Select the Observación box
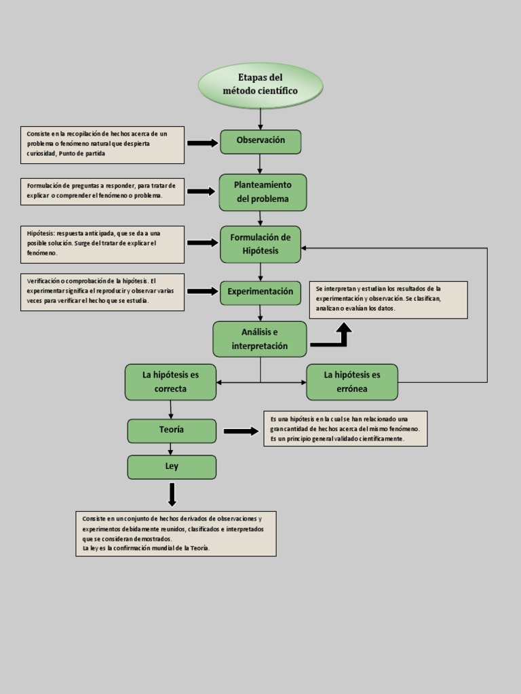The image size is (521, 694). coord(260,141)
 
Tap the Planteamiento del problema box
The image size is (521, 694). coord(263,192)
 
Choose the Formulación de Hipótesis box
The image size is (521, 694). coord(260,244)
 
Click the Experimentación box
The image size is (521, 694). coord(260,292)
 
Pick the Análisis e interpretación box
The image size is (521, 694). coord(260,339)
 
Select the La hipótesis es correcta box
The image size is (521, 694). coord(170,382)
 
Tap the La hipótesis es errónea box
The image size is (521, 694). coord(352,382)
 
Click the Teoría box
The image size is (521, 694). coord(172,430)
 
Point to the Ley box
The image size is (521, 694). coord(172,467)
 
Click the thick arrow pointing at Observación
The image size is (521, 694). coord(201,143)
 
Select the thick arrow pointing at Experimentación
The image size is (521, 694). coord(201,291)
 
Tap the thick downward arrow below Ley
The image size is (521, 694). coord(172,494)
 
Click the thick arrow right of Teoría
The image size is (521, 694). coord(241,431)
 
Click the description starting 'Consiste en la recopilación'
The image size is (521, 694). coord(102,144)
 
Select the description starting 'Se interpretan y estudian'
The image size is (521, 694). coord(388,299)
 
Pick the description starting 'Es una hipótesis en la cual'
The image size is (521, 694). coord(345,428)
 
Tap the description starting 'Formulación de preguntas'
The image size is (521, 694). coord(102,191)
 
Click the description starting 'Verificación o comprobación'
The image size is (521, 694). coord(102,291)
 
